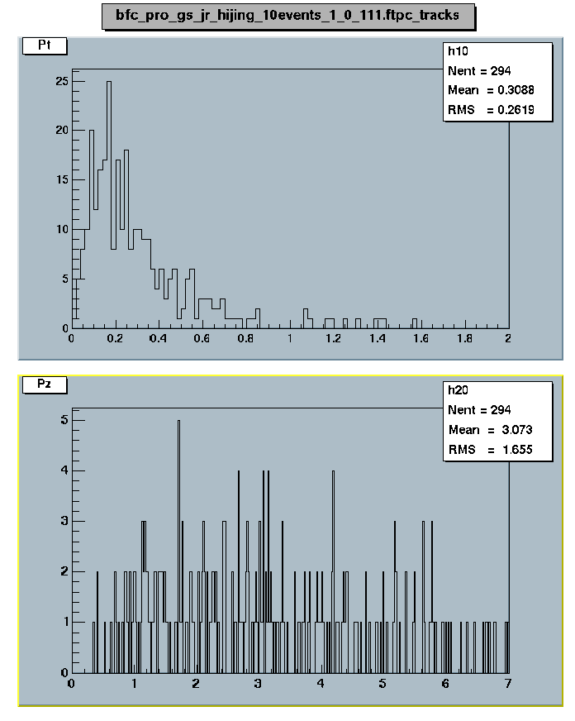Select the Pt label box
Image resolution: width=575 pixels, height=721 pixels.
pyautogui.click(x=43, y=45)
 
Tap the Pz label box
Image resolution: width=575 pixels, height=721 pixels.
pyautogui.click(x=43, y=384)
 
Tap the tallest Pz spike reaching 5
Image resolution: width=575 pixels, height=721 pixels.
pyautogui.click(x=178, y=421)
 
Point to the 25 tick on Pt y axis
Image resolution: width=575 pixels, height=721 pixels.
pyautogui.click(x=61, y=81)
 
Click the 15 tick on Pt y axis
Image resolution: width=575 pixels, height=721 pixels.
pyautogui.click(x=61, y=179)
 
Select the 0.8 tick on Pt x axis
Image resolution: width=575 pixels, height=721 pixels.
pyautogui.click(x=245, y=338)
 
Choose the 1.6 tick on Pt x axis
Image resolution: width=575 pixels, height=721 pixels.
pyautogui.click(x=421, y=338)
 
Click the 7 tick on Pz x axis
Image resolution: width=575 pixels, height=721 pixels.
pyautogui.click(x=508, y=684)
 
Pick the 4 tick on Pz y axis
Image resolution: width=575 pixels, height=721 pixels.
pyautogui.click(x=63, y=471)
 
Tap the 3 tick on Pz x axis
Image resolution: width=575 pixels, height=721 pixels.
pyautogui.click(x=258, y=684)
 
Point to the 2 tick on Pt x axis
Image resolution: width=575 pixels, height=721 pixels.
pyautogui.click(x=508, y=338)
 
